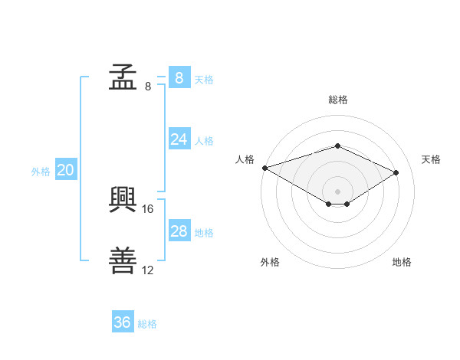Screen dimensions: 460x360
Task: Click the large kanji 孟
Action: pyautogui.click(x=123, y=77)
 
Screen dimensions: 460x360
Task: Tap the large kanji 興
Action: pyautogui.click(x=123, y=200)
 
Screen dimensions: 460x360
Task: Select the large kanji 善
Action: pyautogui.click(x=123, y=260)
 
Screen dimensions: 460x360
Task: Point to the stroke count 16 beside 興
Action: pyautogui.click(x=147, y=209)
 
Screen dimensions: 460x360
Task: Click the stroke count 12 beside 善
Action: pyautogui.click(x=147, y=270)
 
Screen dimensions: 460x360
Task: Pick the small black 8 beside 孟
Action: pyautogui.click(x=148, y=87)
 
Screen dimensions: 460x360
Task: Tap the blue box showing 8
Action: pyautogui.click(x=179, y=77)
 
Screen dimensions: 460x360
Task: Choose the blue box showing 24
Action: pyautogui.click(x=179, y=139)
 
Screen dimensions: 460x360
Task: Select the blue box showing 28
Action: pyautogui.click(x=179, y=230)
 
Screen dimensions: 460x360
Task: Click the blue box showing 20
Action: pyautogui.click(x=66, y=169)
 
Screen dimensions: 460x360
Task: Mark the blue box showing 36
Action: pyautogui.click(x=123, y=321)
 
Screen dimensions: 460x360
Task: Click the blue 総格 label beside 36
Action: pyautogui.click(x=147, y=324)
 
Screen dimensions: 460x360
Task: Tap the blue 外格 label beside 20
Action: pyautogui.click(x=41, y=172)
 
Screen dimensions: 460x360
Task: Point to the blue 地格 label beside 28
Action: pyautogui.click(x=204, y=233)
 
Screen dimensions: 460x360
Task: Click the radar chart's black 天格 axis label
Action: pyautogui.click(x=431, y=159)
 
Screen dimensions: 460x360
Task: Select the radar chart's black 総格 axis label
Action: pyautogui.click(x=338, y=100)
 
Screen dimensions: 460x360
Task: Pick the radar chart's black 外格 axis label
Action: pyautogui.click(x=270, y=262)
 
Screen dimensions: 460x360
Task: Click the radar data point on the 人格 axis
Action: pyautogui.click(x=265, y=168)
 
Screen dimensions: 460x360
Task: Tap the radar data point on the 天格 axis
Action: pyautogui.click(x=396, y=172)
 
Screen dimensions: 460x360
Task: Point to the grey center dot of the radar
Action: pyautogui.click(x=337, y=191)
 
